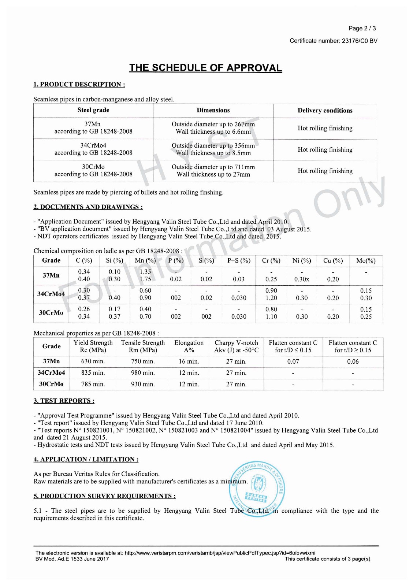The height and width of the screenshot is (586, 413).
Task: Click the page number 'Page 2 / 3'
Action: click(x=362, y=28)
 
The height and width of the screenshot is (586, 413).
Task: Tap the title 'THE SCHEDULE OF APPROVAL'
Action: click(x=205, y=68)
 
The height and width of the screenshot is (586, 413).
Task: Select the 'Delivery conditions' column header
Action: click(x=325, y=111)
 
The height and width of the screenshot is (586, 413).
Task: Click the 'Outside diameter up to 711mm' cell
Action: click(x=213, y=167)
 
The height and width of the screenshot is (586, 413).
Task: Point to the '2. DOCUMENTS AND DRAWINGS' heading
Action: click(x=88, y=207)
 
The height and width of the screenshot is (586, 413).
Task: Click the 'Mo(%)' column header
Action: click(x=366, y=261)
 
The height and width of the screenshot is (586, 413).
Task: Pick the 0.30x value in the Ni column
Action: click(x=302, y=279)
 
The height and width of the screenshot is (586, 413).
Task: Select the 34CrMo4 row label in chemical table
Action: click(x=51, y=294)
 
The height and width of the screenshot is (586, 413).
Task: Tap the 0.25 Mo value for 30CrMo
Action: click(x=366, y=317)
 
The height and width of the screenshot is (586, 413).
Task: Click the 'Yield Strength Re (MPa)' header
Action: click(x=93, y=346)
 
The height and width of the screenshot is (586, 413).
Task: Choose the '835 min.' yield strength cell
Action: click(x=93, y=373)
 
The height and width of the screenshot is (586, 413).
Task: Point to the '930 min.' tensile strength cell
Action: click(x=143, y=384)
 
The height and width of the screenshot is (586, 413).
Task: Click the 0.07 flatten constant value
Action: click(x=293, y=361)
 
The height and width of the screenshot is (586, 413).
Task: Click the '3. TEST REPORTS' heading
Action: click(x=64, y=401)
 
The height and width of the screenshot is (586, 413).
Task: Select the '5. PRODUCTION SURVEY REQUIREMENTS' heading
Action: click(x=104, y=496)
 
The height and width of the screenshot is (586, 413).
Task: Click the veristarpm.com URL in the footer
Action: click(x=220, y=553)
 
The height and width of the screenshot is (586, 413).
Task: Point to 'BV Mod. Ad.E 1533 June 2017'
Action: click(x=72, y=559)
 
